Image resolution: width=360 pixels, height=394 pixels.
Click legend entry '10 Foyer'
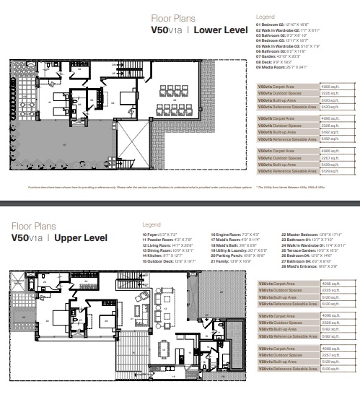(x=159, y=235)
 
